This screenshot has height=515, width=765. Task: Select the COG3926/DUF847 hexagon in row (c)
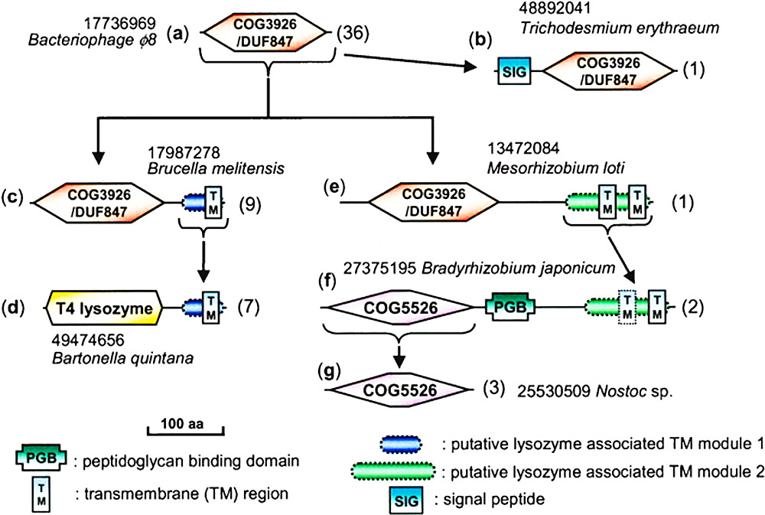point(98,204)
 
